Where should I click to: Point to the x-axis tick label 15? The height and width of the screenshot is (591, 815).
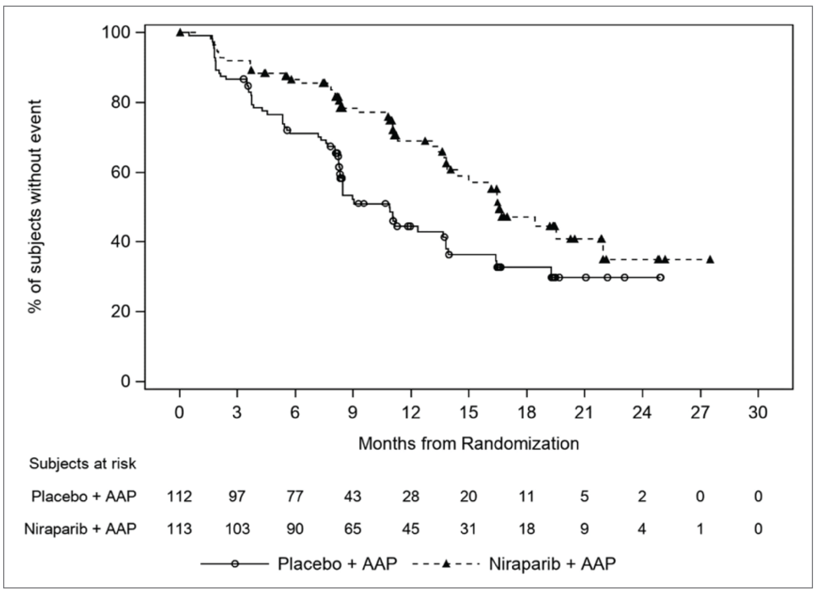(x=469, y=413)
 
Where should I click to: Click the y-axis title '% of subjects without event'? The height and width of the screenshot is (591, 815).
(x=35, y=207)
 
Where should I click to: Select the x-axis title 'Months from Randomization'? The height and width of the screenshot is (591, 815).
(x=469, y=444)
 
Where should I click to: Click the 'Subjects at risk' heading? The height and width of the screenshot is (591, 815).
(x=82, y=464)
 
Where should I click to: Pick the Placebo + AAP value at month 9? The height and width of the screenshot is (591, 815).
(x=352, y=496)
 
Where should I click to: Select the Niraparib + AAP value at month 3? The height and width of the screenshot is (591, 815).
(x=237, y=529)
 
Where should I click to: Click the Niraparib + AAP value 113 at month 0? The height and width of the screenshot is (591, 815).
(x=179, y=529)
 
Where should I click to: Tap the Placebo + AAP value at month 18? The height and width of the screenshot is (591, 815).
(x=526, y=496)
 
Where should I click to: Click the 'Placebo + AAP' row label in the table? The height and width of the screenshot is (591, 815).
(x=84, y=496)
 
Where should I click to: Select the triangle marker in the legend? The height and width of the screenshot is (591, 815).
(x=446, y=564)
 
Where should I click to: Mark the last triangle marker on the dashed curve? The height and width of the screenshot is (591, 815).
(x=710, y=259)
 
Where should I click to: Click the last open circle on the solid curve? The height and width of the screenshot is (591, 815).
(x=660, y=278)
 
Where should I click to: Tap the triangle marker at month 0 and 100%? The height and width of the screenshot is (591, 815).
(x=180, y=33)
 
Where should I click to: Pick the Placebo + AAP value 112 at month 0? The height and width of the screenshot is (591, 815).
(x=179, y=496)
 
